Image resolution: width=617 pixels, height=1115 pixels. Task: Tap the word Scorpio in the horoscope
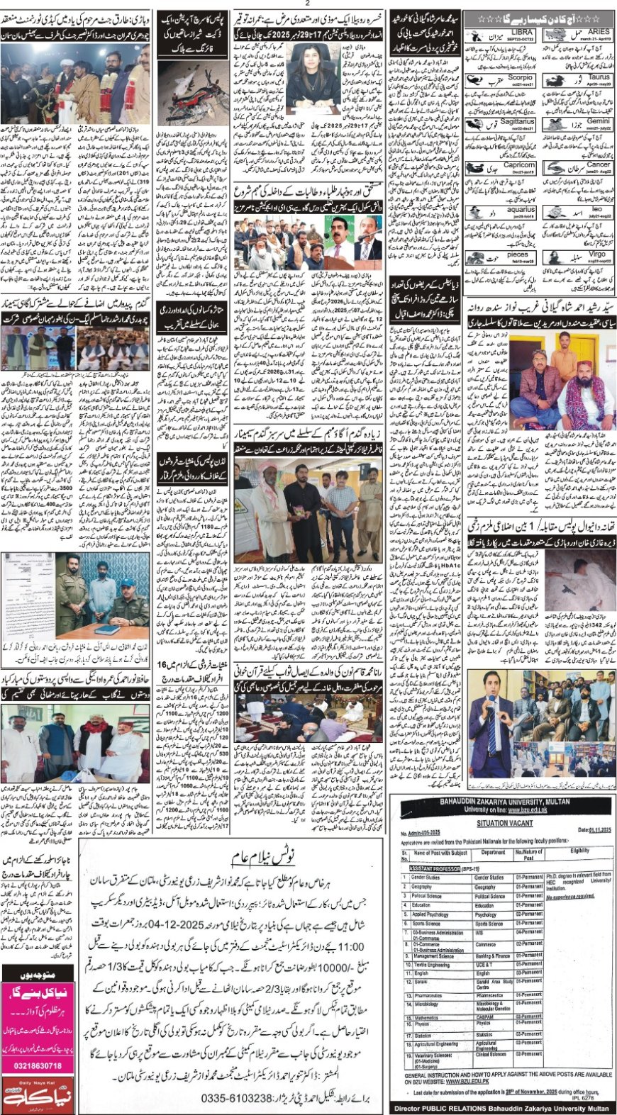(520, 77)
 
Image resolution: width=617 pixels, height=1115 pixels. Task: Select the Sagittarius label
(516, 122)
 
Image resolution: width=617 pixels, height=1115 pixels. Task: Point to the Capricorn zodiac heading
(518, 165)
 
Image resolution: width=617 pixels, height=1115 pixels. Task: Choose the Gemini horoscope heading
(598, 121)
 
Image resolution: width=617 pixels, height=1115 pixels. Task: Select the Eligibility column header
(579, 851)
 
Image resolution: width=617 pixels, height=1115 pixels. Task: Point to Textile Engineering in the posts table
(431, 965)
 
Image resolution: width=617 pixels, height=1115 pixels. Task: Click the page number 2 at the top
(308, 4)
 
